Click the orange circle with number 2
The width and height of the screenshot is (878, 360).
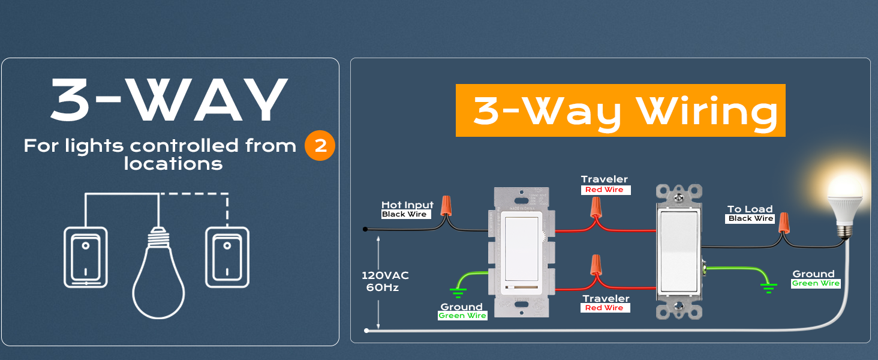click(320, 145)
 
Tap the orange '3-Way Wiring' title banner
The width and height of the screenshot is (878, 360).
click(621, 110)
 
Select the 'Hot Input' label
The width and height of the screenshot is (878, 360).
click(407, 205)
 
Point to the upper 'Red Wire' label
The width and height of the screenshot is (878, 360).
click(605, 190)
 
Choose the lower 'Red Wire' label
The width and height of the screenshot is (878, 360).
click(605, 308)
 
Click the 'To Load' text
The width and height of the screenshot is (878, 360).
click(750, 209)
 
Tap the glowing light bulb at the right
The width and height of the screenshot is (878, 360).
click(845, 206)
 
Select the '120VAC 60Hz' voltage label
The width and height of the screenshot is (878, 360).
click(384, 281)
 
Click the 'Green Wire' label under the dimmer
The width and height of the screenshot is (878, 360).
click(462, 316)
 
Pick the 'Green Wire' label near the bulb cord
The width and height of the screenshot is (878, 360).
click(816, 283)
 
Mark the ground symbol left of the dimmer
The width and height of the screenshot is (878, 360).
click(458, 293)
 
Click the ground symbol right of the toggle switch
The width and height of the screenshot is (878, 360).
click(769, 288)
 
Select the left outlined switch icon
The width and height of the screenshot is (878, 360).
click(85, 257)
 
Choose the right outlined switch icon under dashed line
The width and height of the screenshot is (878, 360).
click(227, 257)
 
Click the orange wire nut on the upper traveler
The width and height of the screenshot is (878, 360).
click(596, 208)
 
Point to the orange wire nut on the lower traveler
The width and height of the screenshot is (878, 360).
click(596, 265)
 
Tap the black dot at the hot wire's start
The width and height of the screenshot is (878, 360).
click(365, 229)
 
